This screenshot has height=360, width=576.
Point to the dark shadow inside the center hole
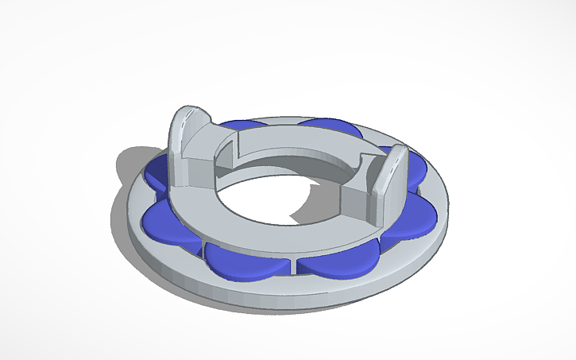[298, 208]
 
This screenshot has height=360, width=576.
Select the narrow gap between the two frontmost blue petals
[292, 263]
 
